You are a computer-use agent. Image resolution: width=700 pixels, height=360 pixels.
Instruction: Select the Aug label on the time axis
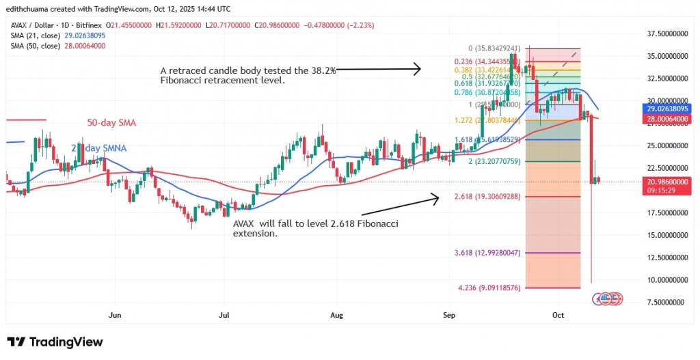tap(336, 316)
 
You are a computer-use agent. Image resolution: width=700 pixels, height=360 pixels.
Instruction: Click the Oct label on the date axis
tap(558, 316)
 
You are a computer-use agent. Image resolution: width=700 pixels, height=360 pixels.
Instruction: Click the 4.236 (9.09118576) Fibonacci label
tap(492, 288)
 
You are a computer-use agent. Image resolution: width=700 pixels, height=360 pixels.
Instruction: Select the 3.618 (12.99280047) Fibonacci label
tap(492, 253)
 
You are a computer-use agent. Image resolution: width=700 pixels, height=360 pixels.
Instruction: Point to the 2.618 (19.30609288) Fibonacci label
tap(491, 196)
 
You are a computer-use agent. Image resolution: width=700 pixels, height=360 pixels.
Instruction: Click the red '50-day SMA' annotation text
tap(112, 123)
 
